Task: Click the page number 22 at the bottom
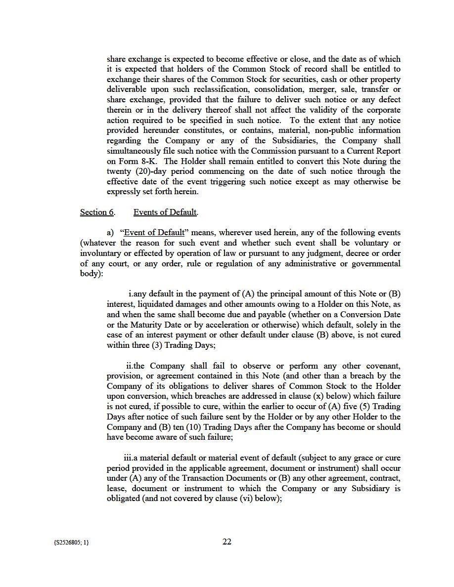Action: [227, 542]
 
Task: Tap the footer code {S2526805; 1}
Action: [69, 543]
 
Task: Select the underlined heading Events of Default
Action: [165, 212]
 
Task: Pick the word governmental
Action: [375, 264]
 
